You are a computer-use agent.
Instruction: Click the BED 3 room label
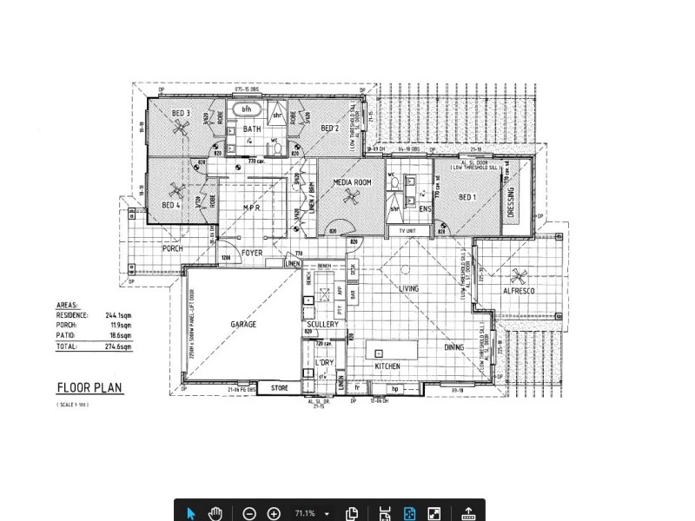180,113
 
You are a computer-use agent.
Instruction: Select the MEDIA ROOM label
353,182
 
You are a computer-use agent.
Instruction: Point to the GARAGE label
243,324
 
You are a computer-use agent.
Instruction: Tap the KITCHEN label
387,367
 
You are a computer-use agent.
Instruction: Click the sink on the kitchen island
379,353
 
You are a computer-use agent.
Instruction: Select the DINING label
454,347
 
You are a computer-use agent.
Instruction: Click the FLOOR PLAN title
90,388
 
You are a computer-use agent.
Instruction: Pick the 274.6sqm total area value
119,346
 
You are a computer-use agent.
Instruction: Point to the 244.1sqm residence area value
119,316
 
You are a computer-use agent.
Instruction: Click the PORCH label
172,249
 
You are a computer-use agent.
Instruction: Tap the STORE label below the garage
279,387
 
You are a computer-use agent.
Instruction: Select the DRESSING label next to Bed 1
511,201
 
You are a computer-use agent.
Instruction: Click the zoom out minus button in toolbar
249,513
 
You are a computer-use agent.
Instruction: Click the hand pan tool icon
215,513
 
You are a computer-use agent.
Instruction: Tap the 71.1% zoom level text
305,513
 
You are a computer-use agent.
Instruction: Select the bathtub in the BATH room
247,109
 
